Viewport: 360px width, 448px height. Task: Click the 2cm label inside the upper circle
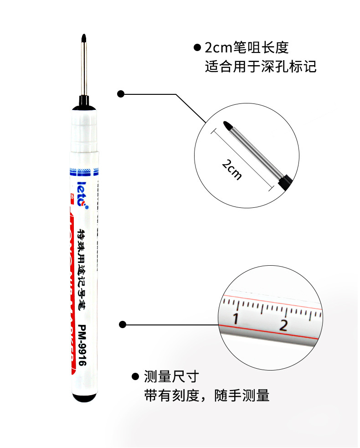pos(232,169)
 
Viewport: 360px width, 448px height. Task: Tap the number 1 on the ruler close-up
pos(236,319)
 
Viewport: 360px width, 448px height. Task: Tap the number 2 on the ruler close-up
pos(283,325)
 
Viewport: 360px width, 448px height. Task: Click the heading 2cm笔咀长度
pos(247,48)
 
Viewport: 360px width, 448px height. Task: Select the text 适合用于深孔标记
pos(260,67)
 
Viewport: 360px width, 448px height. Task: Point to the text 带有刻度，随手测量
pos(206,395)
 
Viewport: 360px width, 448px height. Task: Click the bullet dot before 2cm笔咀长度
pos(197,47)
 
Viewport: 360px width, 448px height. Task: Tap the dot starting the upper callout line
pos(121,94)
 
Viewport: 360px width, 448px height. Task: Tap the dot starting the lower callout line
pos(122,324)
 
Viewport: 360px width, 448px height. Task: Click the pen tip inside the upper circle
pos(227,125)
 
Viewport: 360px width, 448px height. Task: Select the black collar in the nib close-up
pos(284,181)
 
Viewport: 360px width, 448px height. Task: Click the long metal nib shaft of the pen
pos(84,68)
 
